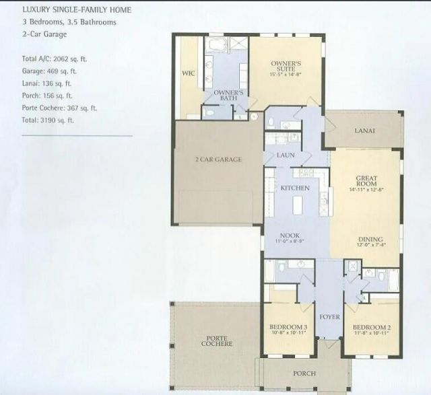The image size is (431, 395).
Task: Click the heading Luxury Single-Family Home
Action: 67,10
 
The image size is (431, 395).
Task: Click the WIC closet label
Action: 189,74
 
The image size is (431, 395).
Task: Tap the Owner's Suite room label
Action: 285,66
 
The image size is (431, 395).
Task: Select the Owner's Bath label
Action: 227,95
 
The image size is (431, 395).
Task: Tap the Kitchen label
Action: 295,188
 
